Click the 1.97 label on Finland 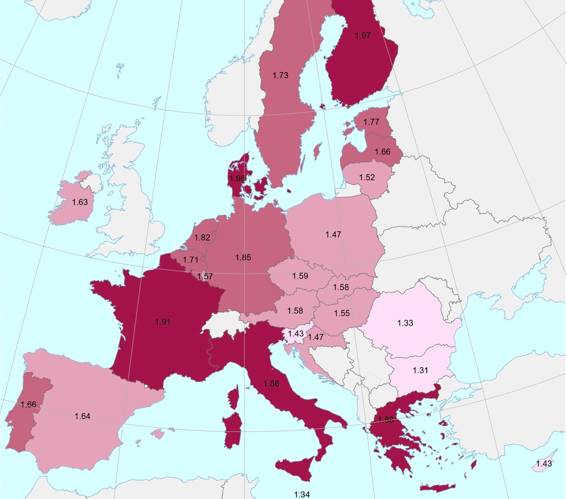[x=363, y=36]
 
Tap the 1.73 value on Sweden [x=280, y=75]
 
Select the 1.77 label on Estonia [x=371, y=122]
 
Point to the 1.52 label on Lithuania [x=367, y=177]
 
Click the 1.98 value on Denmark [x=237, y=178]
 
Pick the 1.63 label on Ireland [x=80, y=202]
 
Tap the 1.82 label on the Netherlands [x=202, y=237]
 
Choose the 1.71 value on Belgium [x=190, y=260]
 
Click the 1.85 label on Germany [x=243, y=257]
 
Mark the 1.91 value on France [x=163, y=322]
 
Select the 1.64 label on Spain [x=82, y=416]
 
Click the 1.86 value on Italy [x=271, y=384]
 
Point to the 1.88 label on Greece [x=385, y=420]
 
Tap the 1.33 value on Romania [x=405, y=323]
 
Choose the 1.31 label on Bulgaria [x=420, y=370]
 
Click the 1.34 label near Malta [x=302, y=494]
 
